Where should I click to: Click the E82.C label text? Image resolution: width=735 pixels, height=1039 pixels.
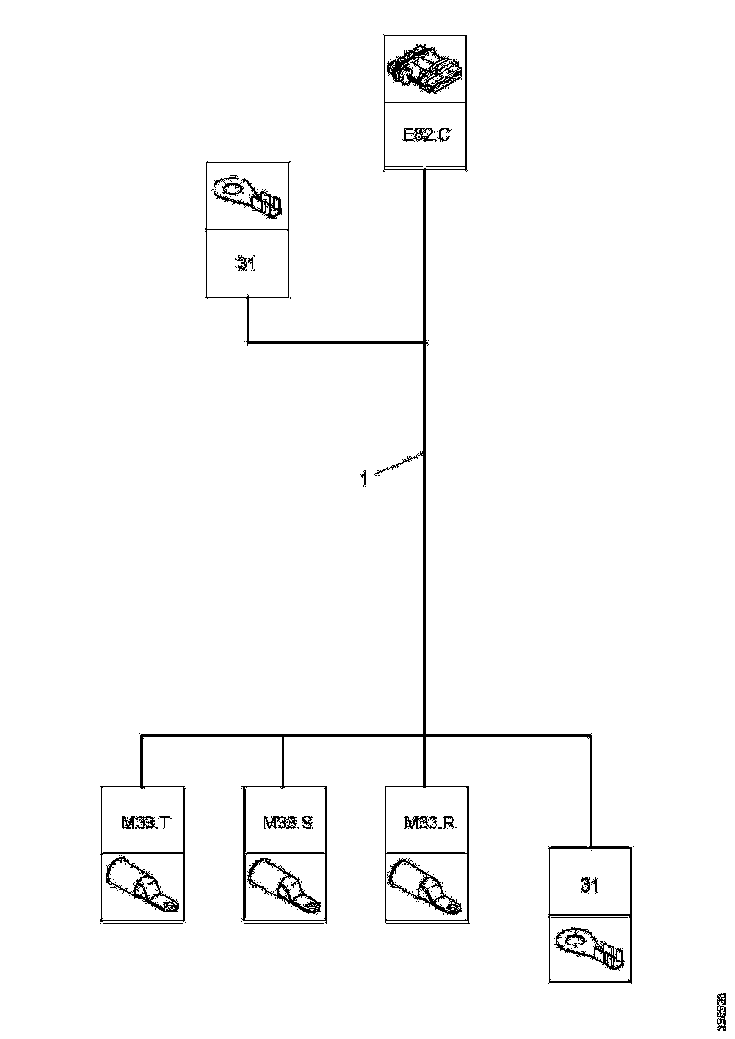[425, 134]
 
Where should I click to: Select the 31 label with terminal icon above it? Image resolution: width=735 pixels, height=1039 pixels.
[247, 264]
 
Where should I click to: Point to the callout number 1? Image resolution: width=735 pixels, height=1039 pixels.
[363, 479]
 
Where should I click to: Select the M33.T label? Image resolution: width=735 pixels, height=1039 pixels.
[145, 823]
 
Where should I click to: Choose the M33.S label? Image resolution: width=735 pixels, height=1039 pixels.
[287, 823]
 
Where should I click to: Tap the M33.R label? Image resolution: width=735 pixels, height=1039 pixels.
[430, 823]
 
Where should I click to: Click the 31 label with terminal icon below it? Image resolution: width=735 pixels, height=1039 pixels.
[590, 886]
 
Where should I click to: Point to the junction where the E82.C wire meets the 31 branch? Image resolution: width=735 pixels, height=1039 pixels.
[425, 342]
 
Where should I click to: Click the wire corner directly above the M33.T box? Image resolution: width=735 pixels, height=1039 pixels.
[141, 735]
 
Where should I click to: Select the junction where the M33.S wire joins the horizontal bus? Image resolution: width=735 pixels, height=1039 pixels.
[282, 735]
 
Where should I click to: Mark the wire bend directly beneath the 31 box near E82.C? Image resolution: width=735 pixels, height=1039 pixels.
[248, 342]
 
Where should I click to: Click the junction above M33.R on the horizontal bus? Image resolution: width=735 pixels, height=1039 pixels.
[425, 735]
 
